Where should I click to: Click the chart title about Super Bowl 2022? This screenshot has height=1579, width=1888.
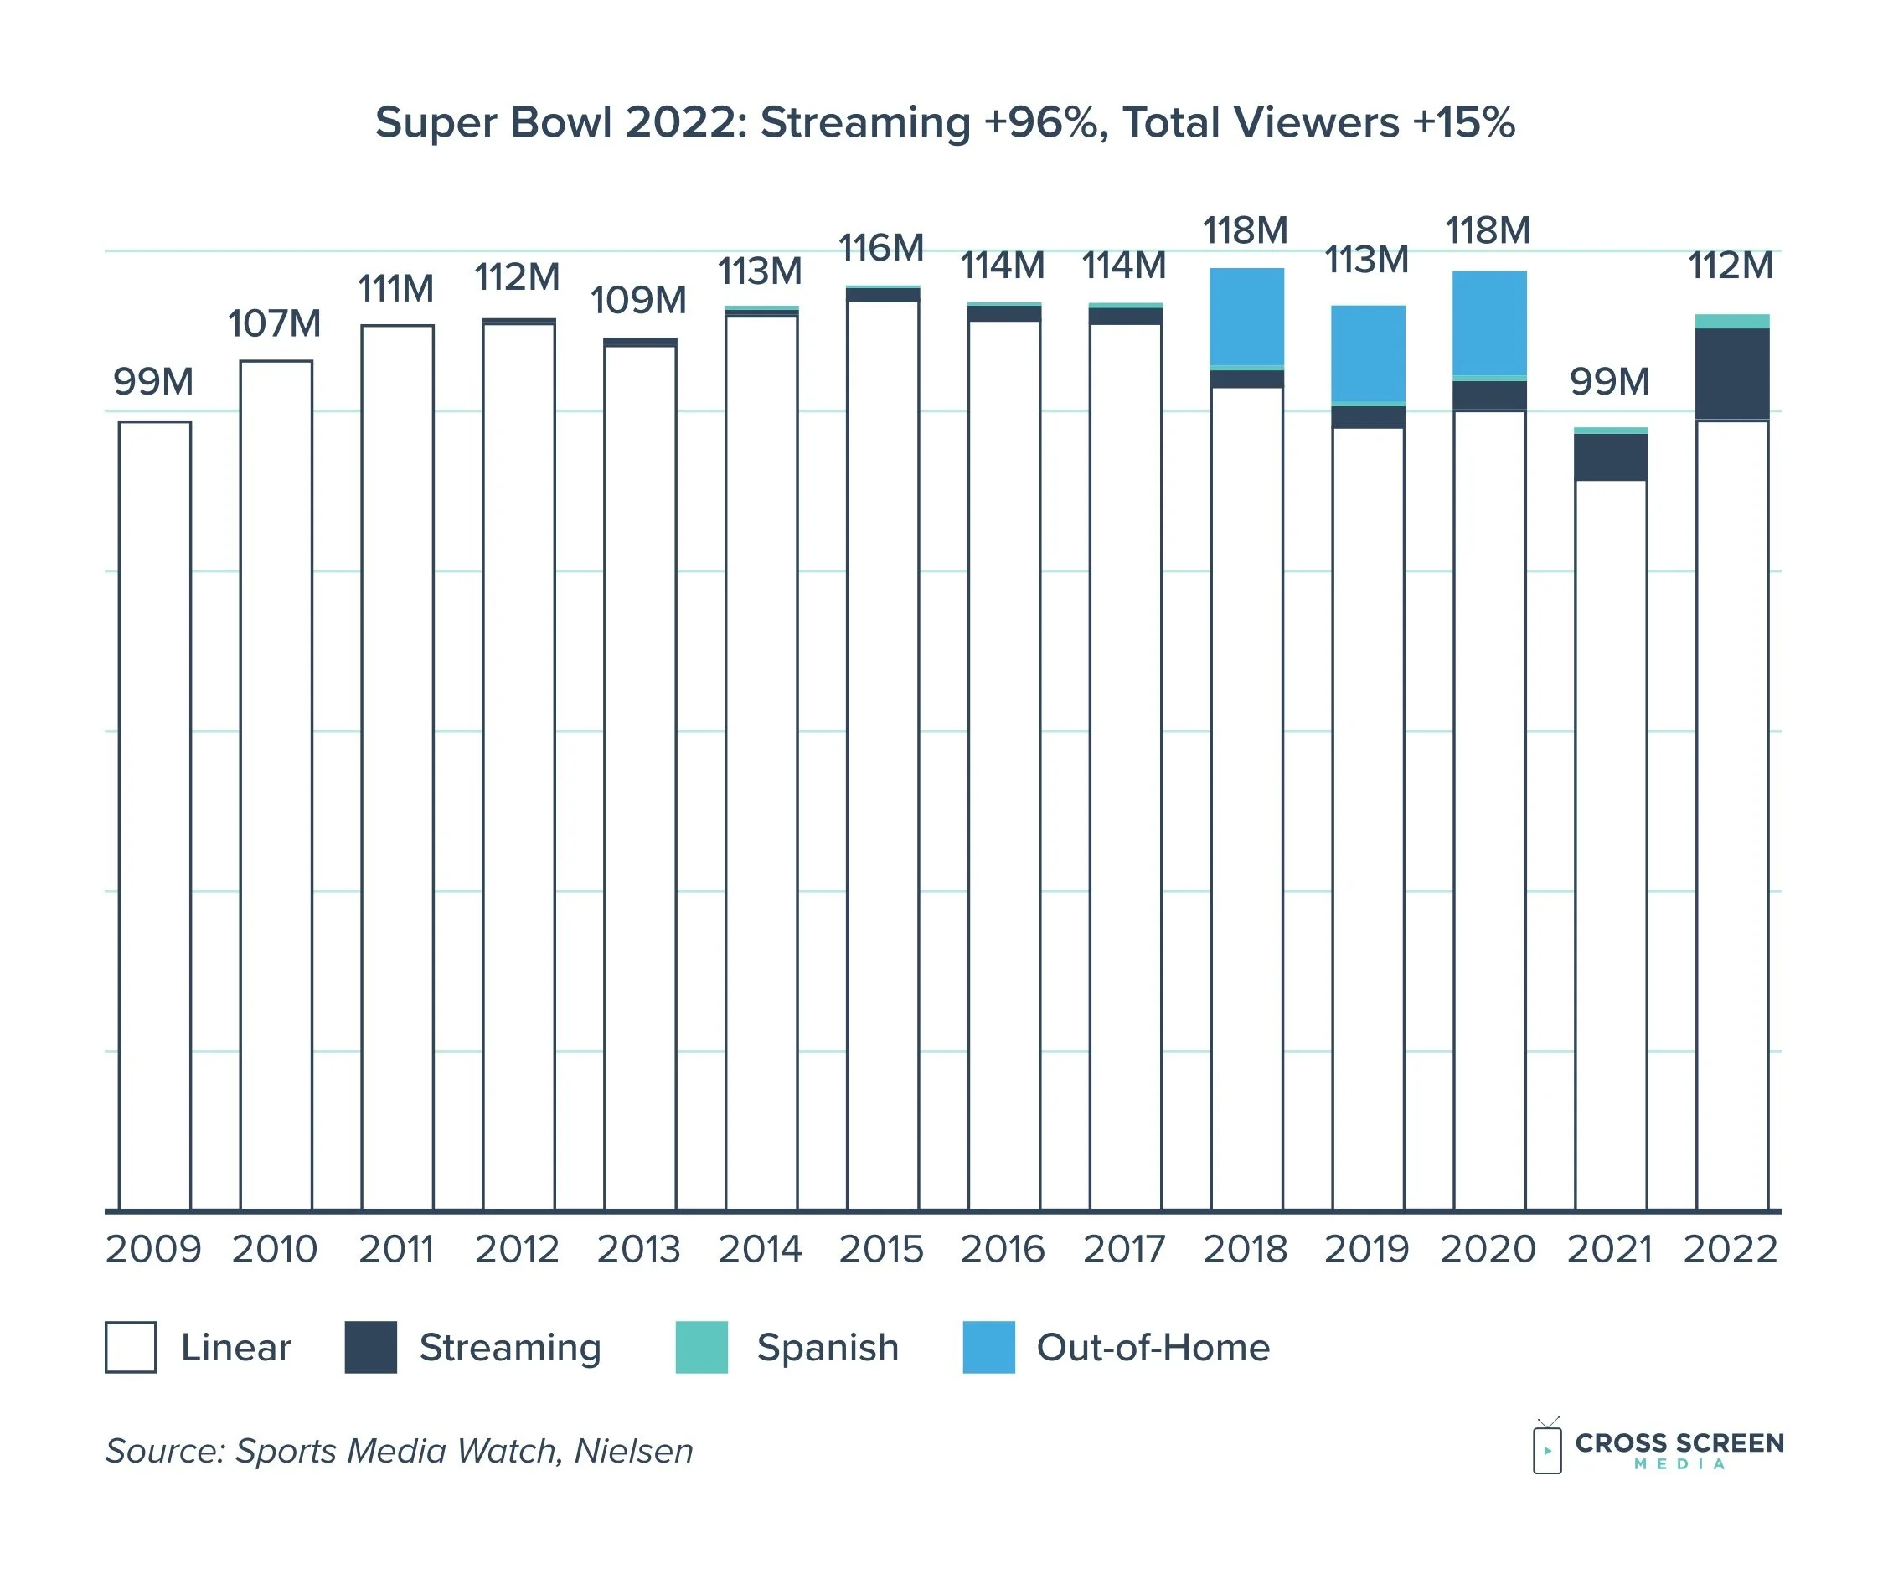944,122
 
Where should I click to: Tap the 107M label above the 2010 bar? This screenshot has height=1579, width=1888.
274,323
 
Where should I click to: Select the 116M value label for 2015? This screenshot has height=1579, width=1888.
881,248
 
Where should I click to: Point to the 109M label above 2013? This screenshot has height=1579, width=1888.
638,301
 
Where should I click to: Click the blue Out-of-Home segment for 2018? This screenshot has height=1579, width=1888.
1247,317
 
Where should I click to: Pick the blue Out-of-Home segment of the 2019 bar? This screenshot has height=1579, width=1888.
1369,353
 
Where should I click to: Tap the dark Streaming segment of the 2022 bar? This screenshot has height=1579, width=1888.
1732,373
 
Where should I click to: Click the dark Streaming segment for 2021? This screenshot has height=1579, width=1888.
1611,457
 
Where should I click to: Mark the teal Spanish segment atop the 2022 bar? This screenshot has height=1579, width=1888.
1732,321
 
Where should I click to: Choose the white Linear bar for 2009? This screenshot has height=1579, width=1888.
155,809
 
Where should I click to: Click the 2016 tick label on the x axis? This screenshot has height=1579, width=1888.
1003,1249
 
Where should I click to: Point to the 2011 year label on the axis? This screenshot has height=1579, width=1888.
395,1249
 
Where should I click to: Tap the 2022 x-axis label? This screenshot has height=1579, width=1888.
1731,1249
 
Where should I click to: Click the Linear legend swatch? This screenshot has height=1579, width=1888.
131,1347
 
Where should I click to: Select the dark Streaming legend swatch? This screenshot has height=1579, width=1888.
370,1347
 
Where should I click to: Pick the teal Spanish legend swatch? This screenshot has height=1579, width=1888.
701,1347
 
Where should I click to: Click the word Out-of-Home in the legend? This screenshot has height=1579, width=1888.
1153,1347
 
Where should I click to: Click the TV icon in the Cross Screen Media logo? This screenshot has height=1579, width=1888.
1547,1447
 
